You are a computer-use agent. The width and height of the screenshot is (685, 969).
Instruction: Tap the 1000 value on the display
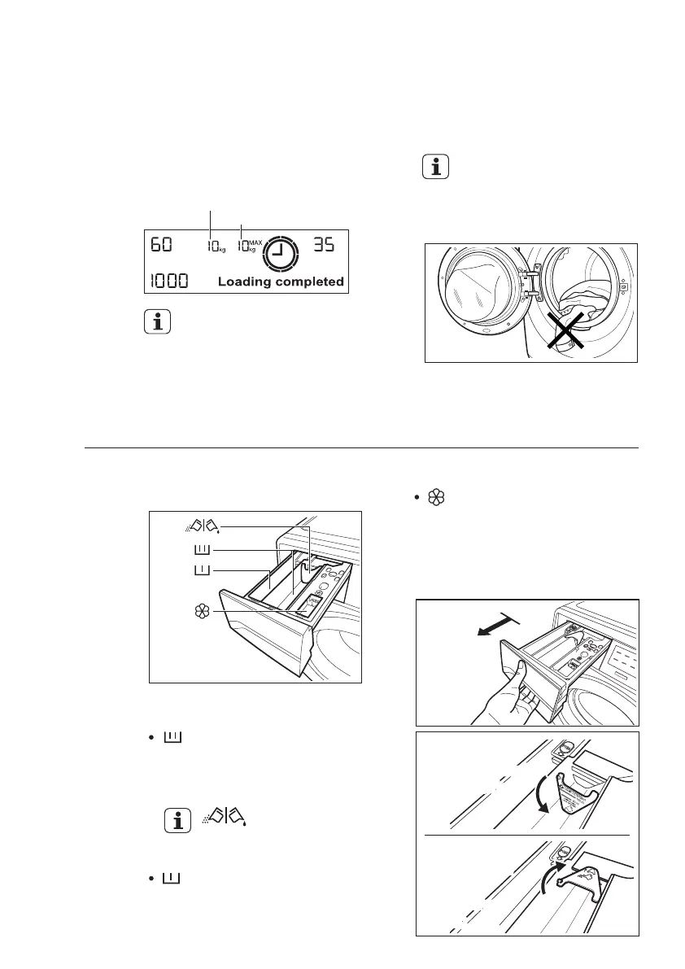point(168,282)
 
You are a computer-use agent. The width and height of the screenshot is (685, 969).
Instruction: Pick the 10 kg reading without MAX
point(215,246)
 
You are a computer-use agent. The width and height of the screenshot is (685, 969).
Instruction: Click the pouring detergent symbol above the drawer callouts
point(200,526)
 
